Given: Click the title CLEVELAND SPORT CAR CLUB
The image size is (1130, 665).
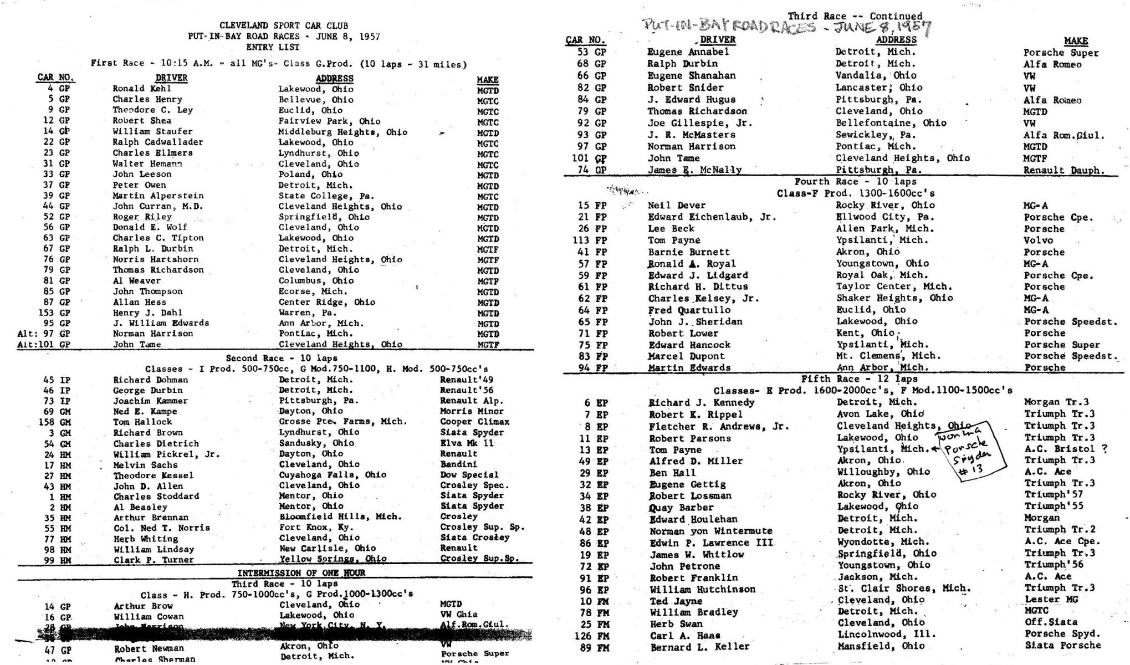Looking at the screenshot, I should [x=283, y=25].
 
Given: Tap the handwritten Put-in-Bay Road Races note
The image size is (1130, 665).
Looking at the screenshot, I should [x=786, y=26].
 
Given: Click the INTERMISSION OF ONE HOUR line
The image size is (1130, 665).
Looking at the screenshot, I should [x=301, y=572].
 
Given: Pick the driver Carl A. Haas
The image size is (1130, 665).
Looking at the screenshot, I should [x=685, y=635].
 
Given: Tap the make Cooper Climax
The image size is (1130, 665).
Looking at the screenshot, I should [x=474, y=422].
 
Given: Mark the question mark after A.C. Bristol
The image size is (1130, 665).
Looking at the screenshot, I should [x=1104, y=449].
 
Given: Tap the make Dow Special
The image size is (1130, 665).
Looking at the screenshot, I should [x=469, y=475].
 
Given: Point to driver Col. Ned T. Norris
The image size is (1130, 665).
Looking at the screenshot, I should [x=161, y=528].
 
